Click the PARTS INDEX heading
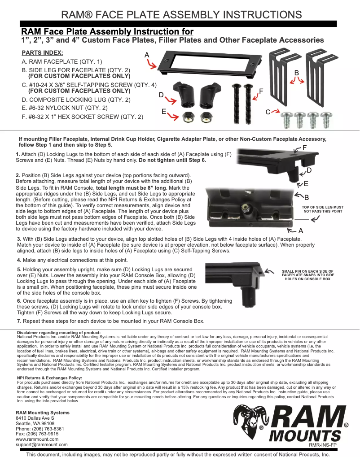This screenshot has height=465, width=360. pyautogui.click(x=42, y=52)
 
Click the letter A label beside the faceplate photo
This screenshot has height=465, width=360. pyautogui.click(x=147, y=54)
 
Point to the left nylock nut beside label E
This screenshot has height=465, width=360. pyautogui.click(x=188, y=117)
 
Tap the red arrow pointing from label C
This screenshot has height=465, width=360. pyautogui.click(x=275, y=111)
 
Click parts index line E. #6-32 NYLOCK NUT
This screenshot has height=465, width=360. pyautogui.click(x=65, y=108)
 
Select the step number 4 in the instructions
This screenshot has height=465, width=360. pyautogui.click(x=19, y=260)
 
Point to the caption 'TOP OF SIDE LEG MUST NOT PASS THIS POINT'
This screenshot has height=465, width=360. pyautogui.click(x=323, y=209)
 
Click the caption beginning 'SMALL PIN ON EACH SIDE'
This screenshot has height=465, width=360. pyautogui.click(x=307, y=275)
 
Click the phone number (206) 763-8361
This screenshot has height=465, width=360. pyautogui.click(x=47, y=429)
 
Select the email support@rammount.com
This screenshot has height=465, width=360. pyautogui.click(x=42, y=445)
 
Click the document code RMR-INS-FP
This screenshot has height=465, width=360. pyautogui.click(x=323, y=445)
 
